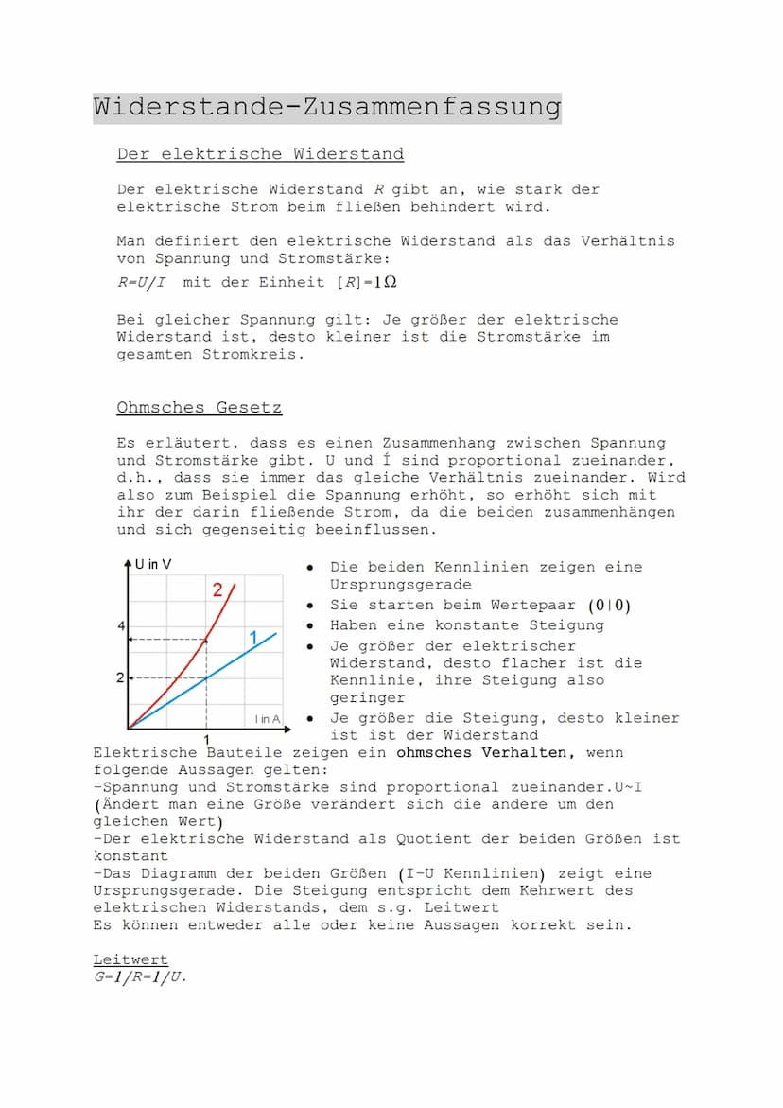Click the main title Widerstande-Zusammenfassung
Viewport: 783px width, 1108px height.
point(326,107)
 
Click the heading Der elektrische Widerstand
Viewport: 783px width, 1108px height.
point(260,154)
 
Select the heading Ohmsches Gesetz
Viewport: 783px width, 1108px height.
point(199,408)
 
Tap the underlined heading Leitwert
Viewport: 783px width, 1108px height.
point(130,959)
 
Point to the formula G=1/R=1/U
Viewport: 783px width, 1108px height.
point(139,976)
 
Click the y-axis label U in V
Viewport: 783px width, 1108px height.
point(153,565)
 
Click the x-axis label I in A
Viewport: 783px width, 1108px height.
point(268,720)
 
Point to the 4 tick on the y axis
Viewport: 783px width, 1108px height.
point(121,626)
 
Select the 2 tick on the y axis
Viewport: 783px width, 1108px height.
point(121,678)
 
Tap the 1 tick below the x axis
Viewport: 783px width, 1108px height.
point(206,738)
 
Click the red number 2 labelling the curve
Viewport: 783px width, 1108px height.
point(217,590)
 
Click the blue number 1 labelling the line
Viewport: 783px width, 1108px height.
point(253,639)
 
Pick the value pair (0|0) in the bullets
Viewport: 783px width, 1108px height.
point(610,606)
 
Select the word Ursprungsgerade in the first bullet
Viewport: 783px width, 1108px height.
point(400,585)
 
